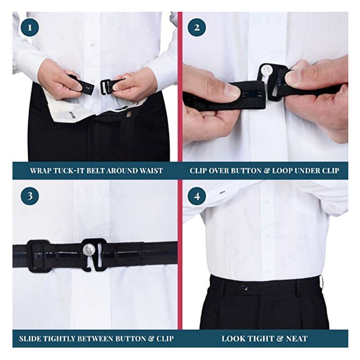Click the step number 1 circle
click(x=30, y=28)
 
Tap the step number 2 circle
click(x=197, y=28)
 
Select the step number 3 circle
click(x=30, y=197)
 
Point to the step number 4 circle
click(x=197, y=197)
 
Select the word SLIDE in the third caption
click(x=31, y=338)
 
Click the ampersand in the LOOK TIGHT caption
click(x=279, y=338)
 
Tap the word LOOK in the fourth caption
click(x=232, y=338)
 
